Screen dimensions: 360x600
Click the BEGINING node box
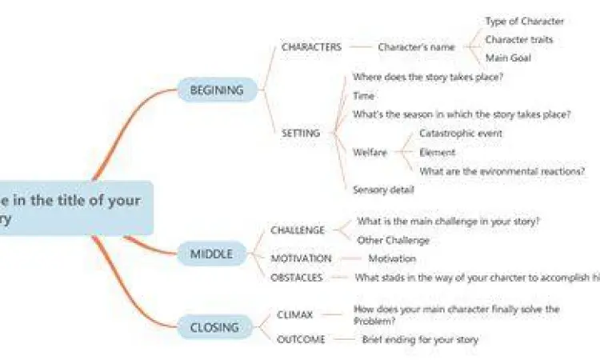tap(216, 90)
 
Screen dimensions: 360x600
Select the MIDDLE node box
tap(211, 254)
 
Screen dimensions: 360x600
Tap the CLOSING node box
tap(214, 326)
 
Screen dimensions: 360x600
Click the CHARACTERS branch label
tap(311, 47)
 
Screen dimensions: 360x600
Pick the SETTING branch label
tap(301, 134)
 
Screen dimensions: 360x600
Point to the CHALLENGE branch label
tap(298, 230)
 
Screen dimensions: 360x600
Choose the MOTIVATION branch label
tap(301, 258)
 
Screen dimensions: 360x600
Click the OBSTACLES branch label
tap(297, 278)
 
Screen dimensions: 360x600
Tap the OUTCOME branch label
tap(301, 339)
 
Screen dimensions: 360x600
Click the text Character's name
tap(416, 47)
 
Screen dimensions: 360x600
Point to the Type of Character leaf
tap(524, 22)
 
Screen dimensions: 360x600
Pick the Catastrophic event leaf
tap(461, 134)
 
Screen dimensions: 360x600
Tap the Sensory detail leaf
tap(383, 190)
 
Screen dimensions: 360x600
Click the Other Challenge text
tap(393, 240)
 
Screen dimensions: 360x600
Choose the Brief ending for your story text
tap(420, 339)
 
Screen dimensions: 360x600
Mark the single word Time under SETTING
tap(363, 96)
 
